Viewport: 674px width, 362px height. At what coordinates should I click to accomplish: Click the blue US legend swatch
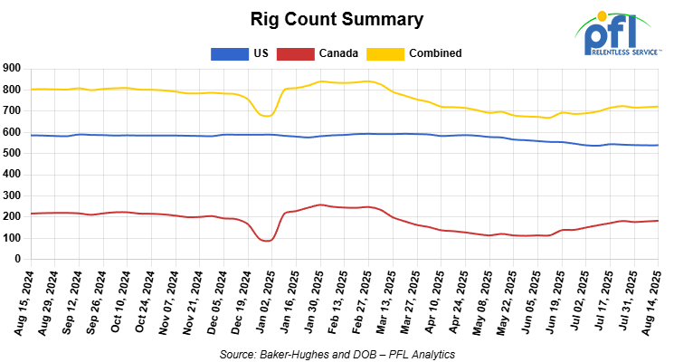click(x=229, y=53)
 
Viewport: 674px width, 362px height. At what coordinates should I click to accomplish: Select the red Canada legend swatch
click(x=296, y=53)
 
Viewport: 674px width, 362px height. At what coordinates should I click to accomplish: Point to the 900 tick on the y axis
click(x=13, y=68)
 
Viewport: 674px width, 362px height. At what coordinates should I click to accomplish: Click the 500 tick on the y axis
click(x=13, y=153)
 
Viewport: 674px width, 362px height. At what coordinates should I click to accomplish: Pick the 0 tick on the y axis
click(x=18, y=259)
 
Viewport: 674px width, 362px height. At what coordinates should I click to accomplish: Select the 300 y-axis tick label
click(x=13, y=195)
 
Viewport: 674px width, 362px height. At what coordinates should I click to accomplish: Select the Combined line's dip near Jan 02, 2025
click(x=266, y=116)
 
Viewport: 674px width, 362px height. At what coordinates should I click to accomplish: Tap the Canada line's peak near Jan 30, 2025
click(x=321, y=205)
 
